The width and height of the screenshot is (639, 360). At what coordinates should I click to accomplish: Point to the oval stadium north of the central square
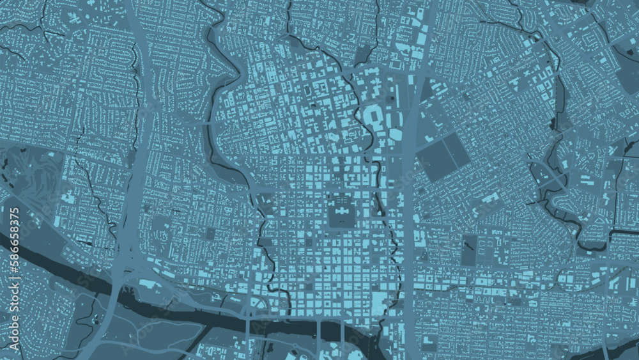click(x=372, y=118)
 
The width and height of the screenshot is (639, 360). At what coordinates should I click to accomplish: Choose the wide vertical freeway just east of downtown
click(x=409, y=192)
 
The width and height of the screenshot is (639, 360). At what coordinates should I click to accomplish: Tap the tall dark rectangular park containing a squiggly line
click(x=469, y=250)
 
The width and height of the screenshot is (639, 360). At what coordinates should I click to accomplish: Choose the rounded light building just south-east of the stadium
click(x=394, y=135)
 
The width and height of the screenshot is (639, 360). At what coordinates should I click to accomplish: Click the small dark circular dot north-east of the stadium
click(x=392, y=100)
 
